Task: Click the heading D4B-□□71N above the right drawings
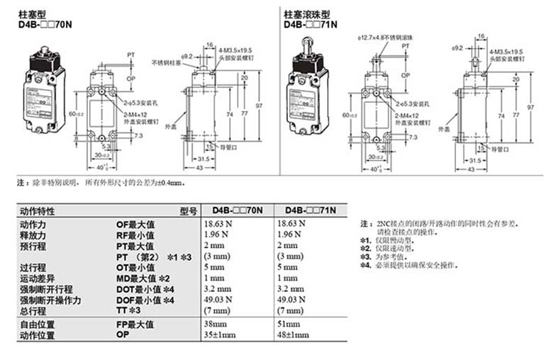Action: [310, 23]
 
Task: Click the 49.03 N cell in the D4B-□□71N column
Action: [298, 300]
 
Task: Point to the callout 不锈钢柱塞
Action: [166, 62]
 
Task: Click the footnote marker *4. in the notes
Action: [365, 265]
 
